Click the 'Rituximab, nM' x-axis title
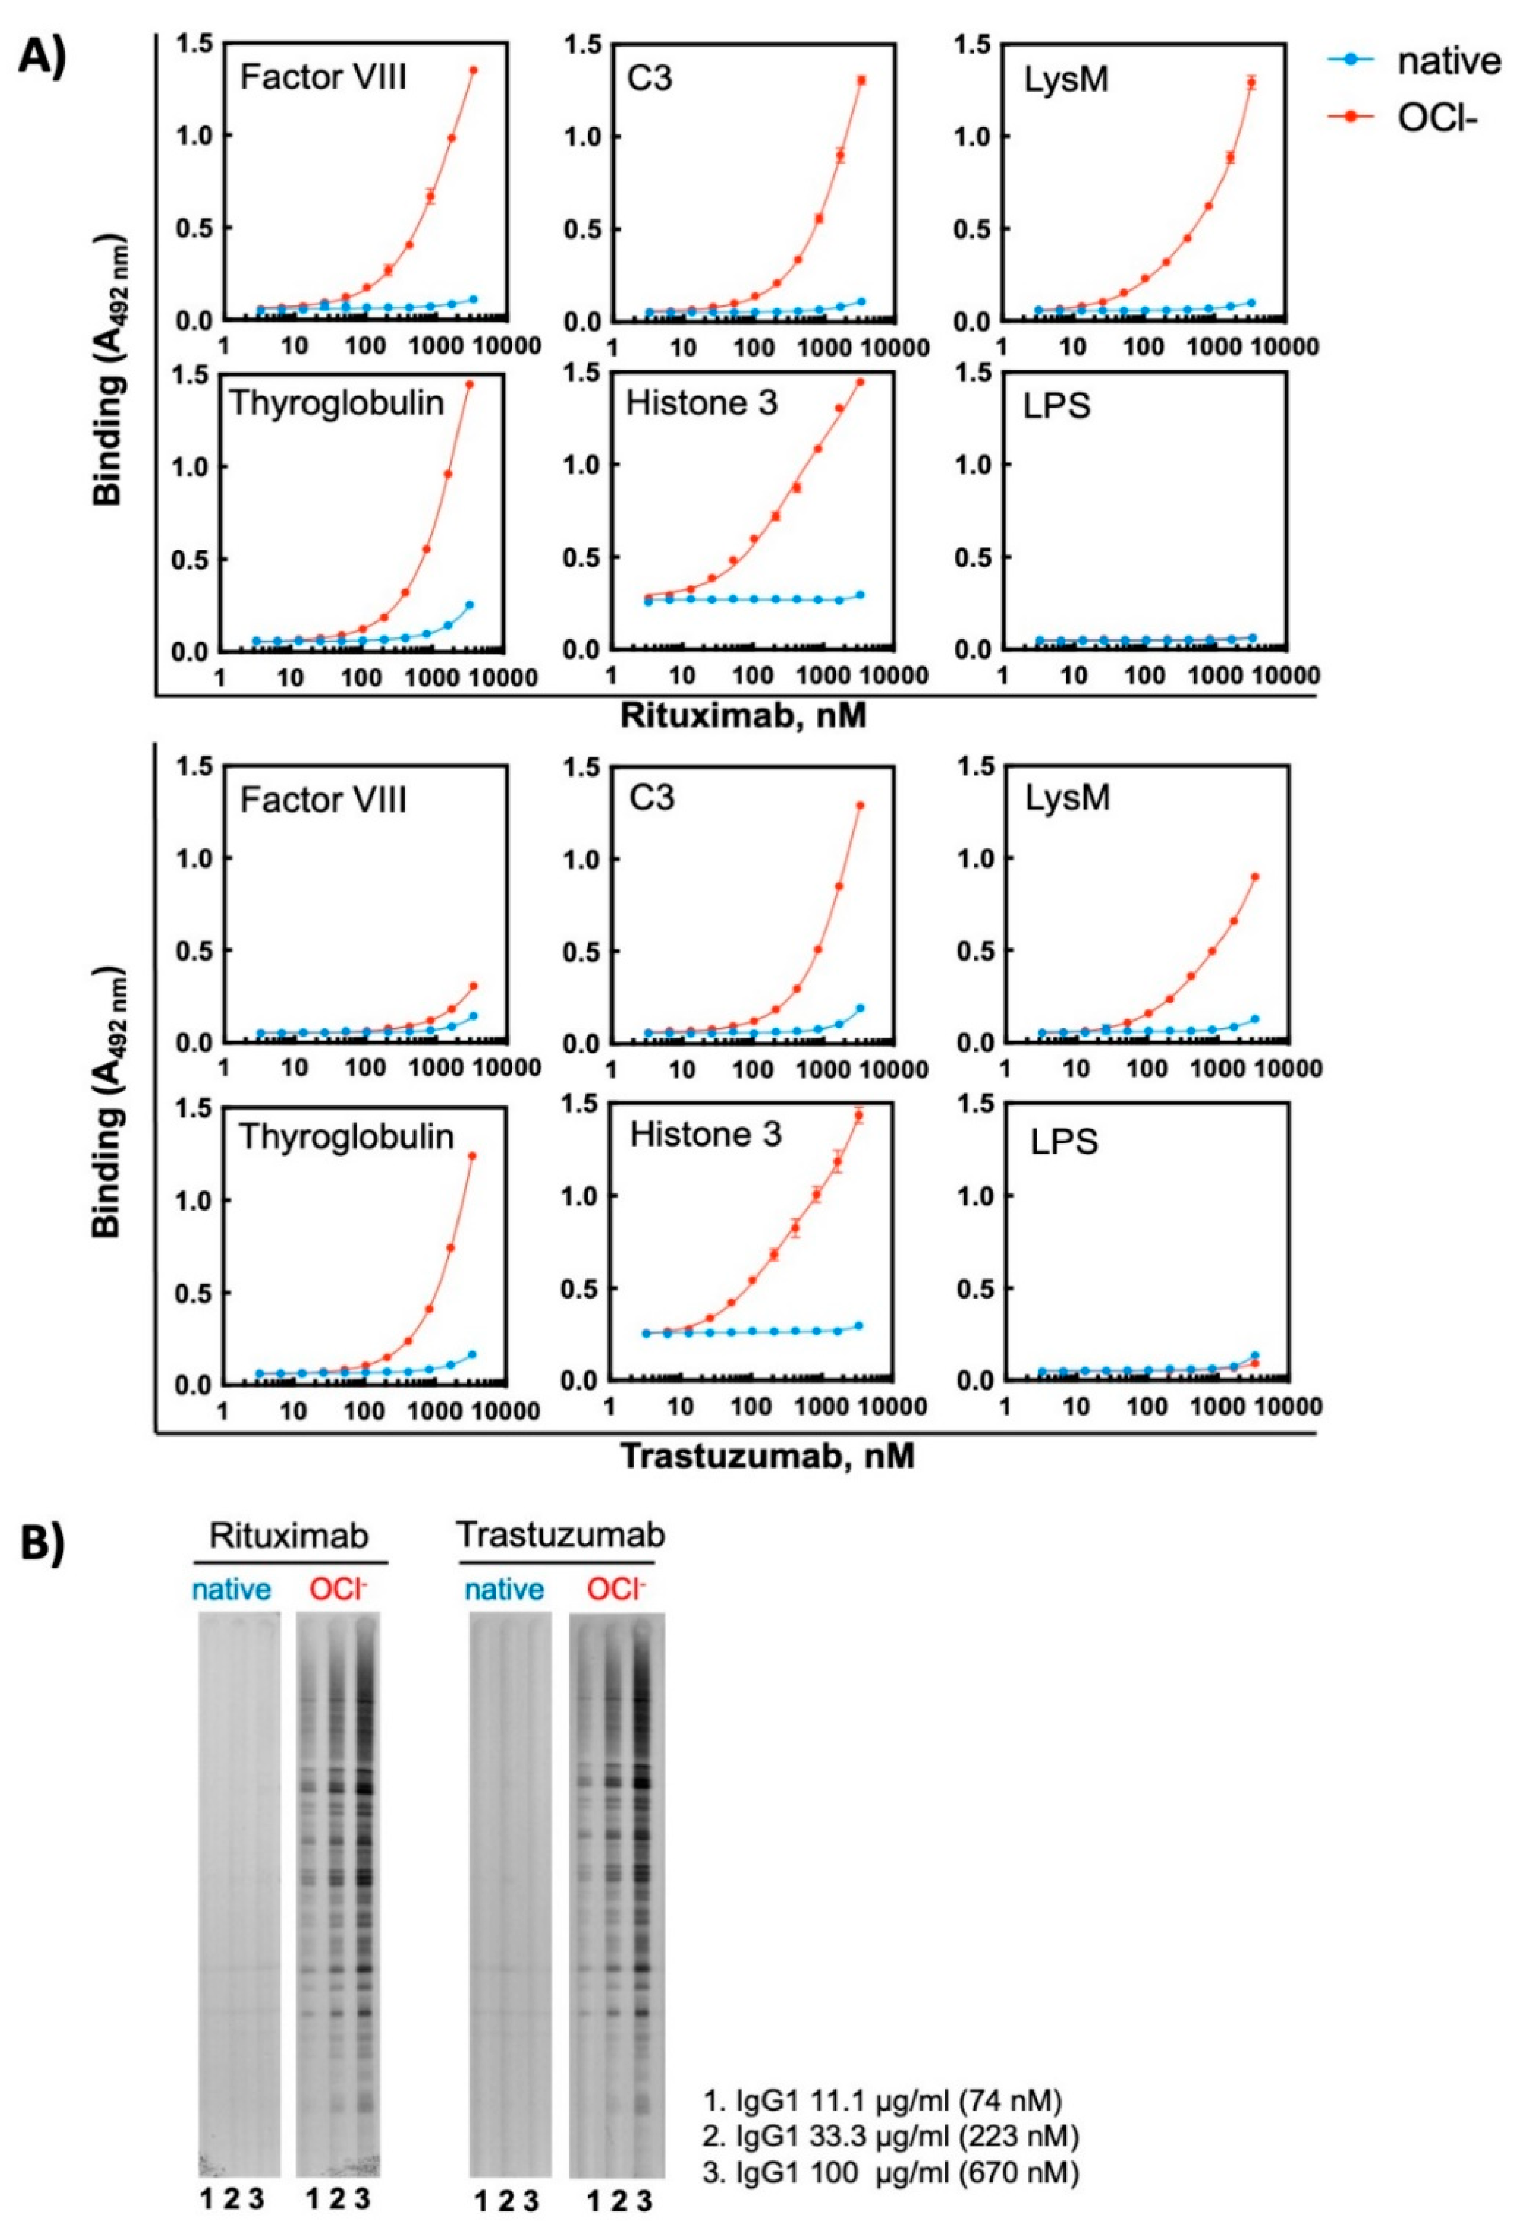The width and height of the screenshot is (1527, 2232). coord(743,716)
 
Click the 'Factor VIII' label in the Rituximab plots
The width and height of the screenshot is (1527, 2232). coord(324,77)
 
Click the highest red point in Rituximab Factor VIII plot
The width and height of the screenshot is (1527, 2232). coord(473,70)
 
